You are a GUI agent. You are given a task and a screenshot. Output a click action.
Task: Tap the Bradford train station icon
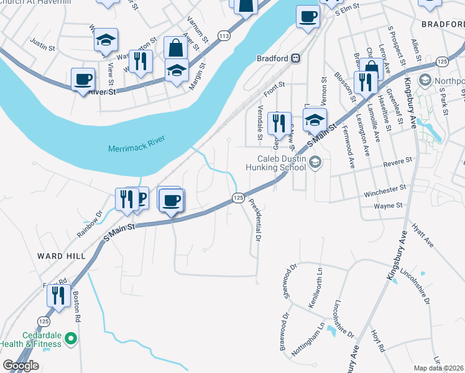296,58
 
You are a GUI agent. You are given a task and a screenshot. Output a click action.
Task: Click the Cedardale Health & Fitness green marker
71,339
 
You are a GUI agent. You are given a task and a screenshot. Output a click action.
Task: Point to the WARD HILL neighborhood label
58,256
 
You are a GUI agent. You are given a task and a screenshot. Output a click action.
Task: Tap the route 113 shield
223,37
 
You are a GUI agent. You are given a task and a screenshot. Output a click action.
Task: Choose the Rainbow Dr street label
89,220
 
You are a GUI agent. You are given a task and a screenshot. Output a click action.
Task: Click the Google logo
21,366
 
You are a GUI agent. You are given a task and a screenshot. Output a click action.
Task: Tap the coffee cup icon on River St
83,79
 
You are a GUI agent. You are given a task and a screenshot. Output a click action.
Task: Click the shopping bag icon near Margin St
176,47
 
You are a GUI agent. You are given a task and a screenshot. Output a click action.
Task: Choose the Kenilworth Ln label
316,287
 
